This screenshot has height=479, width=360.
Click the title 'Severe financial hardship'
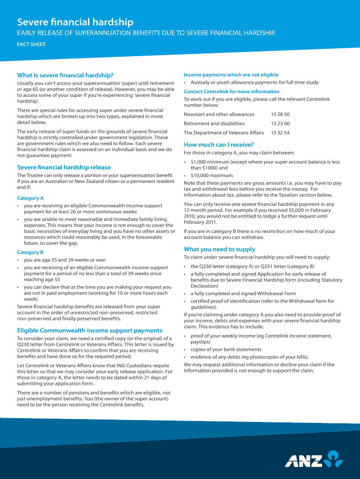75,22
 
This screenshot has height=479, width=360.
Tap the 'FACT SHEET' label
31,45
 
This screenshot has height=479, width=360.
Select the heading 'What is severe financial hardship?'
65,75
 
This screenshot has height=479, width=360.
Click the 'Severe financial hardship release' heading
64,167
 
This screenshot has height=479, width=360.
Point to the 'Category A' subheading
30,198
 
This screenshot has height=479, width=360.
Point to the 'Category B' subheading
30,252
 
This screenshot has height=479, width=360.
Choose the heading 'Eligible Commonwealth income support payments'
90,330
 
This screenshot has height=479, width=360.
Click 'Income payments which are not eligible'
231,75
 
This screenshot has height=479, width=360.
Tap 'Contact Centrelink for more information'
231,92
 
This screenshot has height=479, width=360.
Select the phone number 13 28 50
281,114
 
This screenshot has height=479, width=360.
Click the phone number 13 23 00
281,123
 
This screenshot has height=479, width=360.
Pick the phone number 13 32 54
281,133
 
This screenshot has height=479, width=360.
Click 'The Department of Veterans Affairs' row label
224,133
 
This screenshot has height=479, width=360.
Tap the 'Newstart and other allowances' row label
219,114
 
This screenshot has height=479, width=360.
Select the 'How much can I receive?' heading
219,145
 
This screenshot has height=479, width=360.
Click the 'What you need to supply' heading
220,249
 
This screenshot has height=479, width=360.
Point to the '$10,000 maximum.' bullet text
212,175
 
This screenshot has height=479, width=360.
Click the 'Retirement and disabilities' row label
214,123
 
